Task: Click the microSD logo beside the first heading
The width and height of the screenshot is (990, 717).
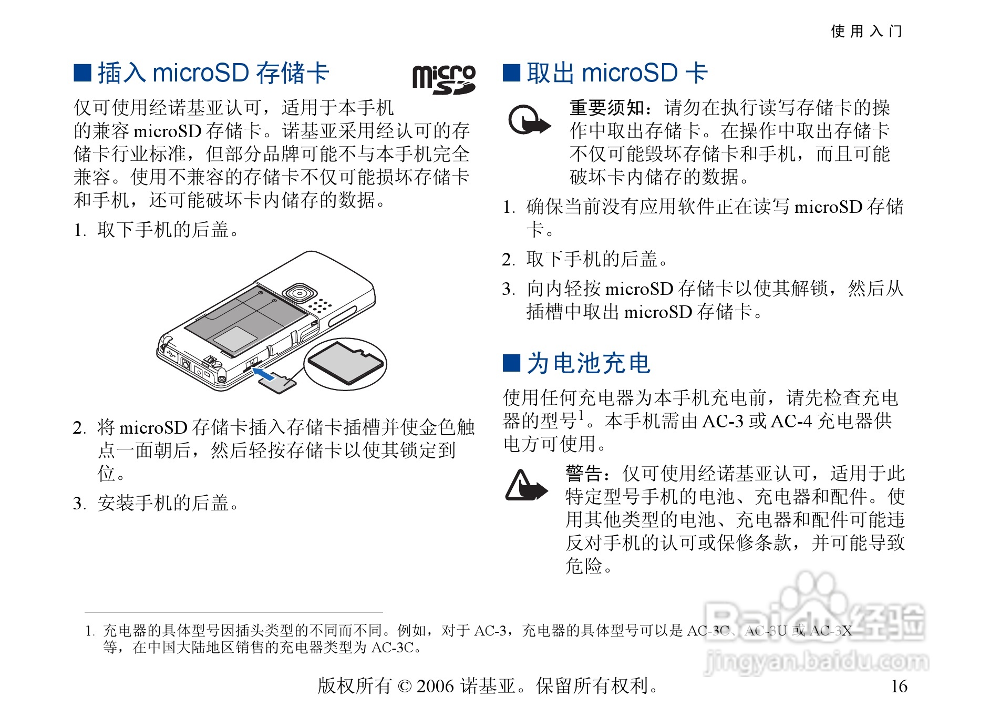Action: [x=444, y=79]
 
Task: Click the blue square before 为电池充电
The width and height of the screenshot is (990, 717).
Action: [x=511, y=363]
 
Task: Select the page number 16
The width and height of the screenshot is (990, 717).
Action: [x=899, y=686]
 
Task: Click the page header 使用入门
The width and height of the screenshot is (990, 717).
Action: [x=866, y=31]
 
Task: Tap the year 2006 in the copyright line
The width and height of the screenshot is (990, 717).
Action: [x=435, y=686]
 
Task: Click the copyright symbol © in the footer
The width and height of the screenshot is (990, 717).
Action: [x=405, y=686]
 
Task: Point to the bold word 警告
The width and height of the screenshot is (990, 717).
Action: [x=584, y=474]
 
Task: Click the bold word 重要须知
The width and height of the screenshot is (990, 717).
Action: [x=607, y=108]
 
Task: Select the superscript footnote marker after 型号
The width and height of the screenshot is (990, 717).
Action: [x=581, y=415]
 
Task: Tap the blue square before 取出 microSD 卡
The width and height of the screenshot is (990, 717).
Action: [x=511, y=73]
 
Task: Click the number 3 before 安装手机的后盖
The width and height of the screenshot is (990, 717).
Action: [x=79, y=504]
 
